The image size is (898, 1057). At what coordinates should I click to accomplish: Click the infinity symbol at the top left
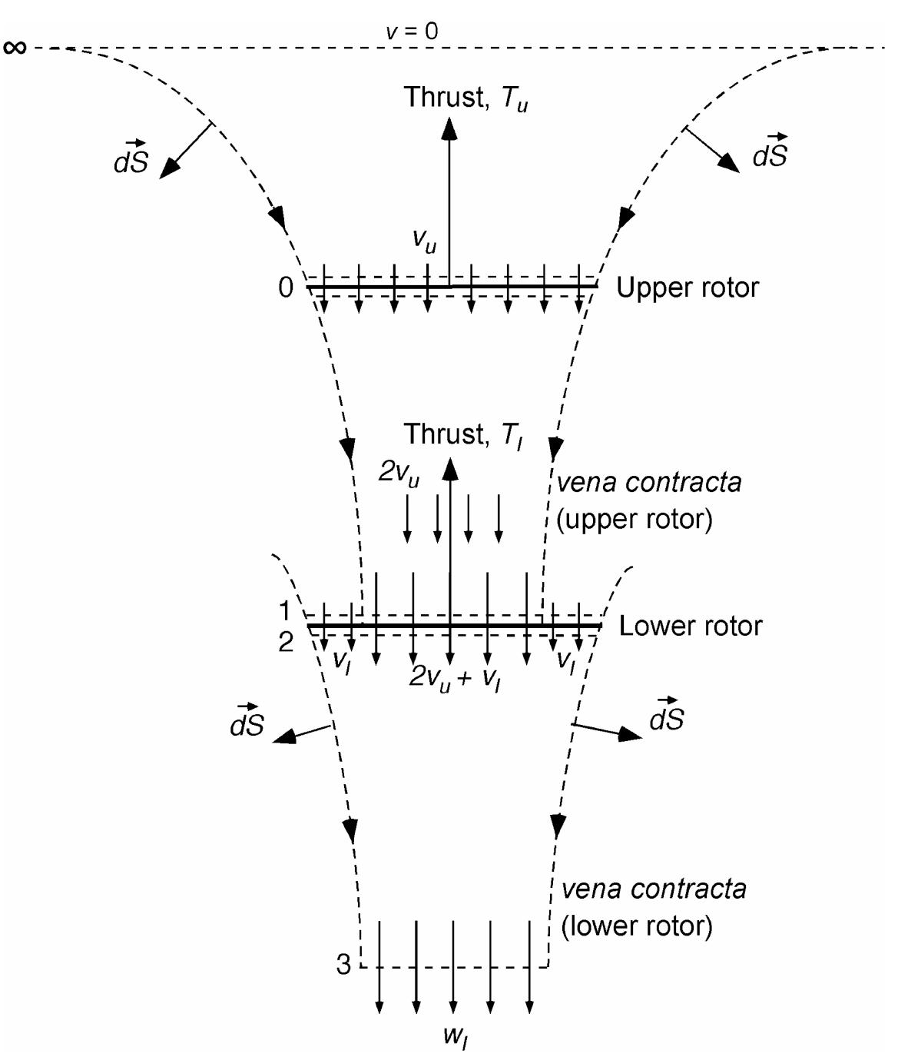tap(15, 48)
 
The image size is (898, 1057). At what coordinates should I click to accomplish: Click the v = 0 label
tap(412, 32)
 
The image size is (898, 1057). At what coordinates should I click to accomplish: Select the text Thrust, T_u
tap(466, 98)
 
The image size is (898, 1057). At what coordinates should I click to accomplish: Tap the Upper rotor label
tap(688, 288)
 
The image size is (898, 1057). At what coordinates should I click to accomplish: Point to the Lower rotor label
tap(691, 626)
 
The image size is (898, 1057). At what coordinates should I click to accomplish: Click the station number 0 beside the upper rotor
tap(286, 288)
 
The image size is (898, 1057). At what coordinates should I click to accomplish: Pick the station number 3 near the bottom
tap(343, 965)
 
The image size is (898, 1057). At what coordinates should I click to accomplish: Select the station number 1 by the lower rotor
tap(285, 612)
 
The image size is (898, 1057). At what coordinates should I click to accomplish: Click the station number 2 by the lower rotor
tap(285, 642)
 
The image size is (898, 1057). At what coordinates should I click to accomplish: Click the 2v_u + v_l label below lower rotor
tap(454, 678)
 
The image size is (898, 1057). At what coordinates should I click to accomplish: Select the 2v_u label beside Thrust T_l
tap(399, 472)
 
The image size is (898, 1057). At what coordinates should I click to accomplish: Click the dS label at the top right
tap(770, 152)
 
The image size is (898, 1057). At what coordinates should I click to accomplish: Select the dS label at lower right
tap(666, 716)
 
